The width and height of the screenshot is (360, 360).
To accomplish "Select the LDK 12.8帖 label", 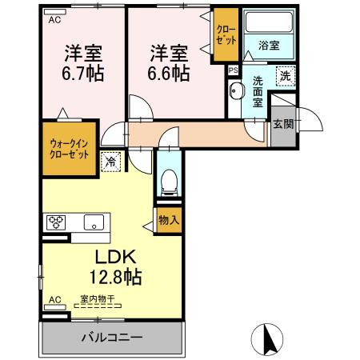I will (x=118, y=268).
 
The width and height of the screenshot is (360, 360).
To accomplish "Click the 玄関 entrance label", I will (x=282, y=124).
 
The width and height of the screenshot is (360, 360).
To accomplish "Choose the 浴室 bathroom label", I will (x=269, y=46).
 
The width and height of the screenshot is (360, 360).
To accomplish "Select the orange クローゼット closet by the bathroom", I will (x=224, y=35).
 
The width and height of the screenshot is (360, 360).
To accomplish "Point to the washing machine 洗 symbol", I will (x=284, y=76).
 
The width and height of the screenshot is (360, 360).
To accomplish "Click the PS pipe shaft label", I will (x=233, y=70).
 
